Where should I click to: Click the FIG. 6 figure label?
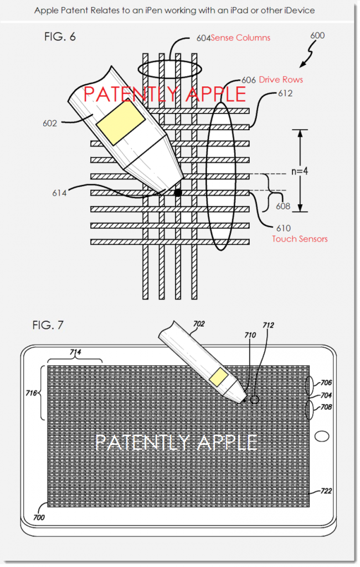point(60,38)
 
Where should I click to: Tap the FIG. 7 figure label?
point(47,325)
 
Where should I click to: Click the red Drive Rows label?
point(281,80)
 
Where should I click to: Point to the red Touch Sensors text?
point(300,239)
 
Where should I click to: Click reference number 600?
point(317,36)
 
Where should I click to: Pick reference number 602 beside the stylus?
point(50,123)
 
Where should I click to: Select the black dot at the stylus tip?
point(178,193)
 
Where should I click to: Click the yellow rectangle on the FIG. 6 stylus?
point(120,123)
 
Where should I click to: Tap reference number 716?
point(30,393)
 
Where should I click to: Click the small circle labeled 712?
point(255,399)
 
